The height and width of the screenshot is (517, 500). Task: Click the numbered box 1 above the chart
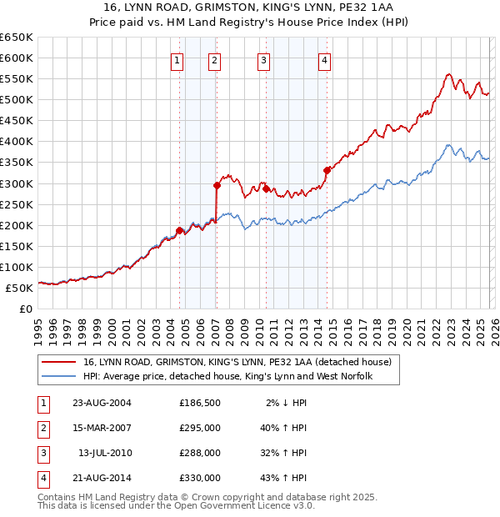[178, 59]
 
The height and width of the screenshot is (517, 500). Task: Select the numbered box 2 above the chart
[215, 59]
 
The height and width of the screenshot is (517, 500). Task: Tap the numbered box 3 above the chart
[263, 59]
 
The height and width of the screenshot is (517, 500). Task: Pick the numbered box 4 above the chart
[323, 59]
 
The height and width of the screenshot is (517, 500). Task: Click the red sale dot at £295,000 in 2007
[217, 185]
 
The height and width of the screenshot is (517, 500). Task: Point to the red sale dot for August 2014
[327, 170]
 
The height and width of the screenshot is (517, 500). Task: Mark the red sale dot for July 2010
[266, 188]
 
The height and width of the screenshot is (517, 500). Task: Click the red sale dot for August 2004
[179, 230]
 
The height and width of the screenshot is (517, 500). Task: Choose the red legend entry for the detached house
[231, 363]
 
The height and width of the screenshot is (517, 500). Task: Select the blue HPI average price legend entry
[227, 377]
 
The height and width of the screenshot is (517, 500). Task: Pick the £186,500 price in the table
[200, 403]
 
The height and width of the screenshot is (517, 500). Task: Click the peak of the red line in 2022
[448, 74]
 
